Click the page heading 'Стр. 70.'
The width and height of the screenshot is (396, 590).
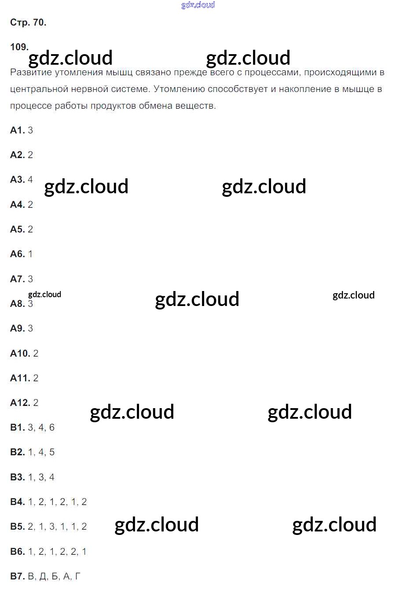point(28,22)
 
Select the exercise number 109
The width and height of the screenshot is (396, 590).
point(19,47)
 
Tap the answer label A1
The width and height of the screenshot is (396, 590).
point(17,130)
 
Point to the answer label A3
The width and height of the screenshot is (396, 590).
point(17,179)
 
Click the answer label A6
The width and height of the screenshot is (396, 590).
point(17,254)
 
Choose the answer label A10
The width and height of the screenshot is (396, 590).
point(20,353)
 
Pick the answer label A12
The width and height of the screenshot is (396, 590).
point(20,402)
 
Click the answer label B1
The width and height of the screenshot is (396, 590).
point(17,427)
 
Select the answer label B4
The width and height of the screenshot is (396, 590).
point(17,501)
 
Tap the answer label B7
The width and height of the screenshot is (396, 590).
point(17,576)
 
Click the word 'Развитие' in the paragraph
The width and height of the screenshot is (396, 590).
point(28,73)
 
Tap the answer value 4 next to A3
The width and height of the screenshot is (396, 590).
point(30,179)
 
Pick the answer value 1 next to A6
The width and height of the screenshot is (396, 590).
point(30,254)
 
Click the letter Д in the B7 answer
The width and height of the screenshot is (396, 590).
point(43,576)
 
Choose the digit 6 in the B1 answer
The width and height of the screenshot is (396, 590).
point(52,427)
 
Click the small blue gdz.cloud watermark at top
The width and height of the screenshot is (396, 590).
point(198,5)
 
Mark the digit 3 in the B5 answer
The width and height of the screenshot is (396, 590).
point(52,526)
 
